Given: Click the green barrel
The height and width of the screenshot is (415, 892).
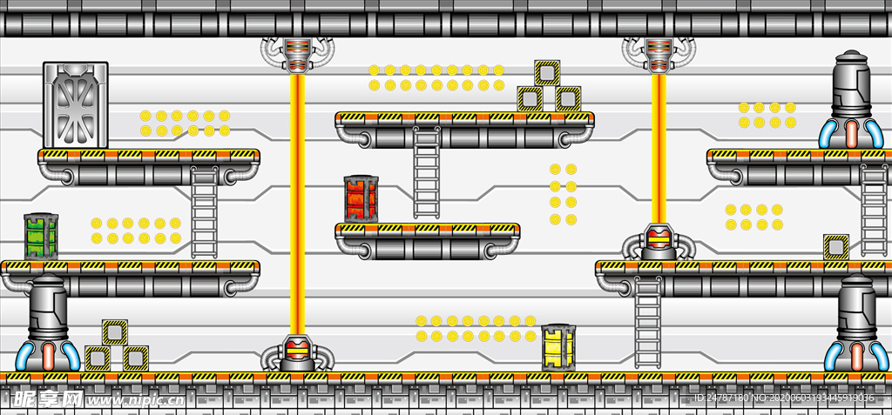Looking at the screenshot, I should [41, 237].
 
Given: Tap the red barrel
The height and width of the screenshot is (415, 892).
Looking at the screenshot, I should [361, 199].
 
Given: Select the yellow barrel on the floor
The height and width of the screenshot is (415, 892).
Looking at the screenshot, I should [557, 347].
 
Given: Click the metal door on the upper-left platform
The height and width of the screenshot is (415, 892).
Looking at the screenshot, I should [76, 105].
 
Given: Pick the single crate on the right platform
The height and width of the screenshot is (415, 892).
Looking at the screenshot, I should [836, 247].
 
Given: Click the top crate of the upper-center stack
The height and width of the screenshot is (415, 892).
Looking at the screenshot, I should [547, 73].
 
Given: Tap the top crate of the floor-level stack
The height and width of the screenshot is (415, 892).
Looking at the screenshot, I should [115, 332].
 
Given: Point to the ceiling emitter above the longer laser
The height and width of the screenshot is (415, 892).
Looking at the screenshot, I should [297, 54].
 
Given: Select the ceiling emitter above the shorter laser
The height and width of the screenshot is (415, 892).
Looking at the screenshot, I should [659, 54].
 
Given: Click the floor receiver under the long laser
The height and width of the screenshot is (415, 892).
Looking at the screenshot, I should [297, 354].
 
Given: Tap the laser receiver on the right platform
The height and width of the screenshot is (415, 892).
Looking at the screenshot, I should [659, 242].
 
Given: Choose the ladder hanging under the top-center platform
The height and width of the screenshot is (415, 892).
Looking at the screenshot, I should [427, 172].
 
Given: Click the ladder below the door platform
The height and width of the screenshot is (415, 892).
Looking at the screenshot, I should [204, 211].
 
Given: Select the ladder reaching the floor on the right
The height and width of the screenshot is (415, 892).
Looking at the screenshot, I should [648, 322].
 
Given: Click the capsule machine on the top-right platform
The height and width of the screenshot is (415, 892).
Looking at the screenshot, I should [850, 98].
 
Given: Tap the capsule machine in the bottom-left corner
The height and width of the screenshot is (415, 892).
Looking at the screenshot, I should [48, 323].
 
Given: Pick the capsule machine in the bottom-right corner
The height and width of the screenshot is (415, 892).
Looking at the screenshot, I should [855, 323].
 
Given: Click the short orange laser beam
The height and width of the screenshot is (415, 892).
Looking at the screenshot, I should [659, 148].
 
